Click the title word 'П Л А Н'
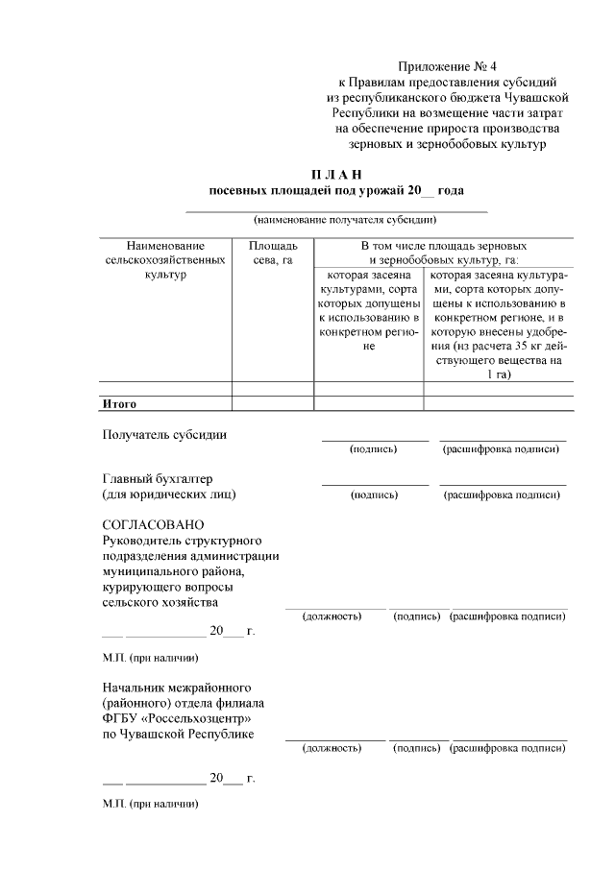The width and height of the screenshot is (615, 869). tap(336, 174)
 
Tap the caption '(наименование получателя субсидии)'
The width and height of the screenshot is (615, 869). tap(336, 220)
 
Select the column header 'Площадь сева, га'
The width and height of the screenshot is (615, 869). tap(273, 253)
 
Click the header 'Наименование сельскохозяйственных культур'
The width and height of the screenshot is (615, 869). tap(164, 260)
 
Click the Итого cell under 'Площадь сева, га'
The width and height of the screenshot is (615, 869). tap(273, 404)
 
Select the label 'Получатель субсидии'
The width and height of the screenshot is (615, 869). tap(164, 434)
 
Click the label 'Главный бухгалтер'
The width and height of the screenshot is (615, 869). tap(158, 479)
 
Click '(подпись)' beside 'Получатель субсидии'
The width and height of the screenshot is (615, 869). tap(374, 448)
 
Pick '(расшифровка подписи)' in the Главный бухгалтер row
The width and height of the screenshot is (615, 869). tap(502, 495)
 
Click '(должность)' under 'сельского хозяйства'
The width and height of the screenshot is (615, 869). tap(332, 616)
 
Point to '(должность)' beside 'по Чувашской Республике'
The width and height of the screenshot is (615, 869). tap(332, 746)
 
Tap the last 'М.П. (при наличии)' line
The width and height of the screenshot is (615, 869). tap(150, 803)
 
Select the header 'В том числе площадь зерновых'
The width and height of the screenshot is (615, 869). tap(443, 246)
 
